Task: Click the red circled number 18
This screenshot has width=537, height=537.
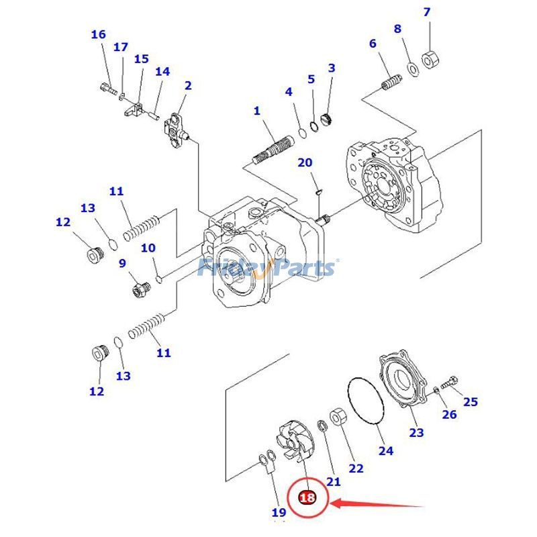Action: tap(307, 498)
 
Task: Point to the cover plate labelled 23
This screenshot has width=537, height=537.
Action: tap(402, 380)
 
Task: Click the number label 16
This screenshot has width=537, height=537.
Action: tap(98, 34)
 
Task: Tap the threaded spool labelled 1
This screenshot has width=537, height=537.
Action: tap(274, 148)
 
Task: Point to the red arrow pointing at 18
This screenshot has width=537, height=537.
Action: tap(379, 503)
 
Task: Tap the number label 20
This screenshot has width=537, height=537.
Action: tap(305, 163)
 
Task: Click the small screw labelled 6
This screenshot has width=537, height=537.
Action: tap(389, 86)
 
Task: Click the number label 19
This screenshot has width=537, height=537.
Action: tap(279, 513)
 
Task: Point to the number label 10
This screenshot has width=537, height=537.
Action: tap(148, 248)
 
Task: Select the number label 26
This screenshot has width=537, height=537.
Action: tap(449, 414)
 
